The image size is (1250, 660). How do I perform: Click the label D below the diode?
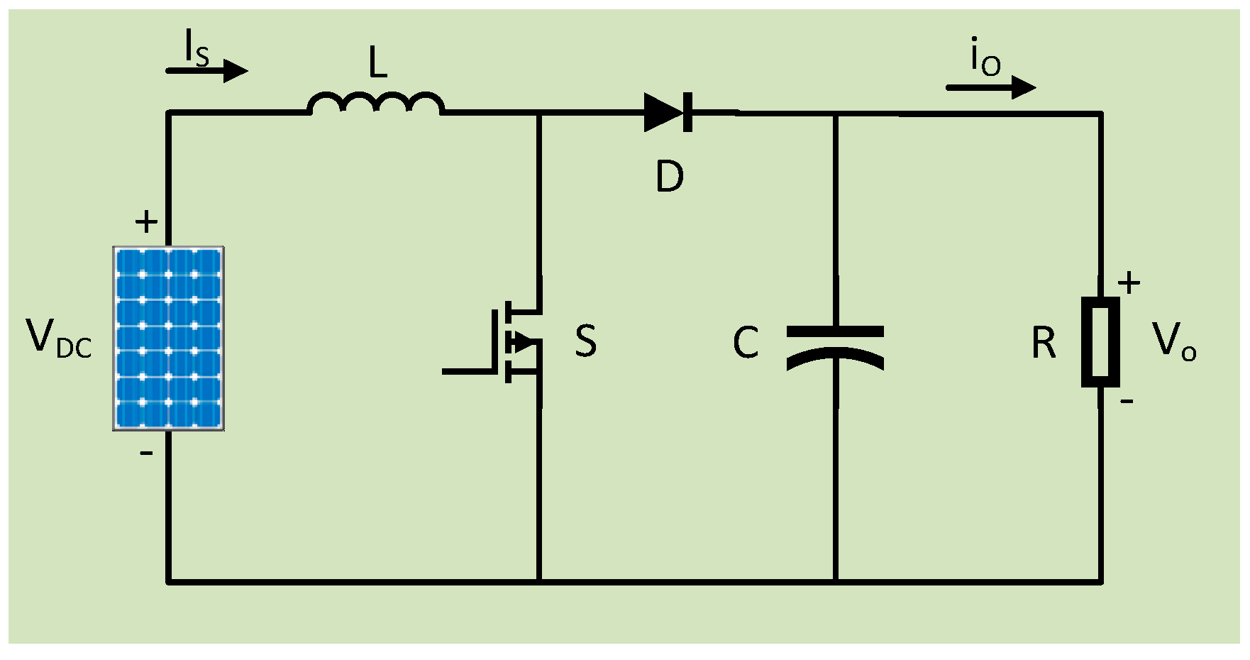point(670,176)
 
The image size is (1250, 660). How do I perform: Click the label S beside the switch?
point(586,341)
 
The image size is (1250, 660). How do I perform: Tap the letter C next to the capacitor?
point(746,343)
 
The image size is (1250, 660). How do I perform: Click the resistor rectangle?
point(1100,342)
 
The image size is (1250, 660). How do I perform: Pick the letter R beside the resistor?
point(1044,343)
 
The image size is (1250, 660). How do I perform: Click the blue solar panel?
point(169,339)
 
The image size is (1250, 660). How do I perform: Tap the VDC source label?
point(58,338)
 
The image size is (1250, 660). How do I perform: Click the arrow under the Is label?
point(207,71)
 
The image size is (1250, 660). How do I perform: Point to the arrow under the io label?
point(991,87)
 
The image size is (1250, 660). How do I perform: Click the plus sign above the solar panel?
point(146,222)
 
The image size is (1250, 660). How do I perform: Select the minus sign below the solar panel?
point(146,453)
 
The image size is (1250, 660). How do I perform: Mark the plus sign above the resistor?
point(1129,283)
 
